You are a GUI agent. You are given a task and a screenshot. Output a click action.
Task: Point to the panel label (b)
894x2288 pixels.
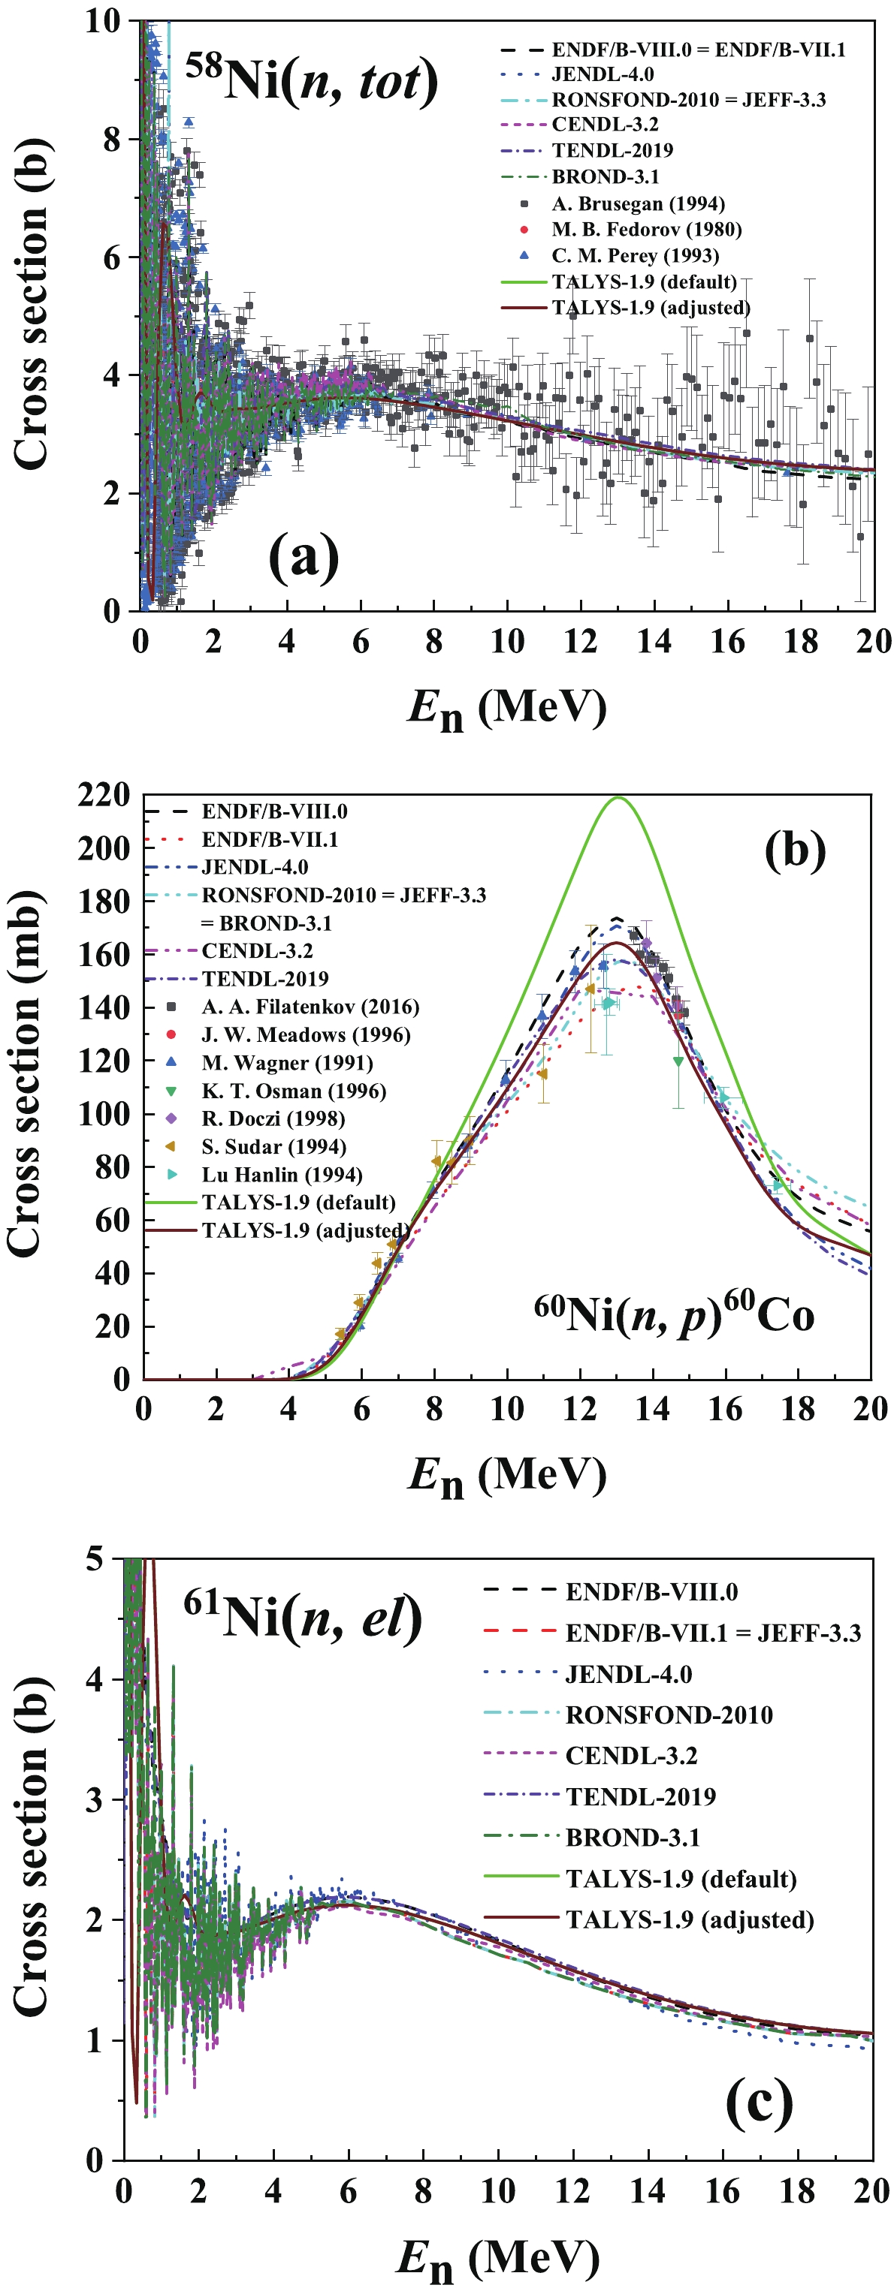(x=795, y=849)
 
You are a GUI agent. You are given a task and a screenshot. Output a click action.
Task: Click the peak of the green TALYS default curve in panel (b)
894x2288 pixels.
(x=618, y=798)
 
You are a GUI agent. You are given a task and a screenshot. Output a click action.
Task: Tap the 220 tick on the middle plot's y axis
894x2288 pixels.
(x=104, y=795)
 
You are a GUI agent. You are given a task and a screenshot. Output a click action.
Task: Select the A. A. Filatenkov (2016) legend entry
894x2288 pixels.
(x=310, y=1007)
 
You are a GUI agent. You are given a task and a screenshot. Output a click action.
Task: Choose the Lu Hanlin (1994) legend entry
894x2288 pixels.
(x=281, y=1174)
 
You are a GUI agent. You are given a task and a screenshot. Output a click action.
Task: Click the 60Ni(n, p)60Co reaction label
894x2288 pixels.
(x=674, y=1314)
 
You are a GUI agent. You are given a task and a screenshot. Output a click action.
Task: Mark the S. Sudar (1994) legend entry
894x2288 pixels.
(x=273, y=1147)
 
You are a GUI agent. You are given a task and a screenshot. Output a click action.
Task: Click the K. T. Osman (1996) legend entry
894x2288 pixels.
(x=292, y=1091)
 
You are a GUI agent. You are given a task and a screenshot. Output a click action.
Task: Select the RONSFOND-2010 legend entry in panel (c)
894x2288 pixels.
(x=669, y=1714)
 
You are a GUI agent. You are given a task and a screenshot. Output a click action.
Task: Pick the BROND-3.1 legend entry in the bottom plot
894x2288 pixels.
(x=632, y=1837)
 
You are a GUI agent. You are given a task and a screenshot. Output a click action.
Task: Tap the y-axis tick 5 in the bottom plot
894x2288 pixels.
(x=95, y=1559)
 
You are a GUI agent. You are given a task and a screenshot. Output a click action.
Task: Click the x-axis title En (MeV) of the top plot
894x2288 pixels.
(x=506, y=709)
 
